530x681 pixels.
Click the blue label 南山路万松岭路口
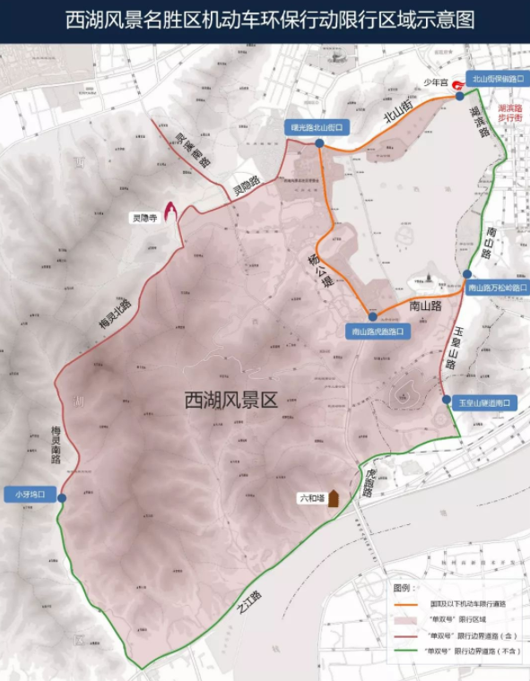coord(498,288)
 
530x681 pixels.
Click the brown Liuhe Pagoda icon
coord(333,498)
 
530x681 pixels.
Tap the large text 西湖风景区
coord(230,400)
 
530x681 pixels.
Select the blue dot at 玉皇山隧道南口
coord(447,400)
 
